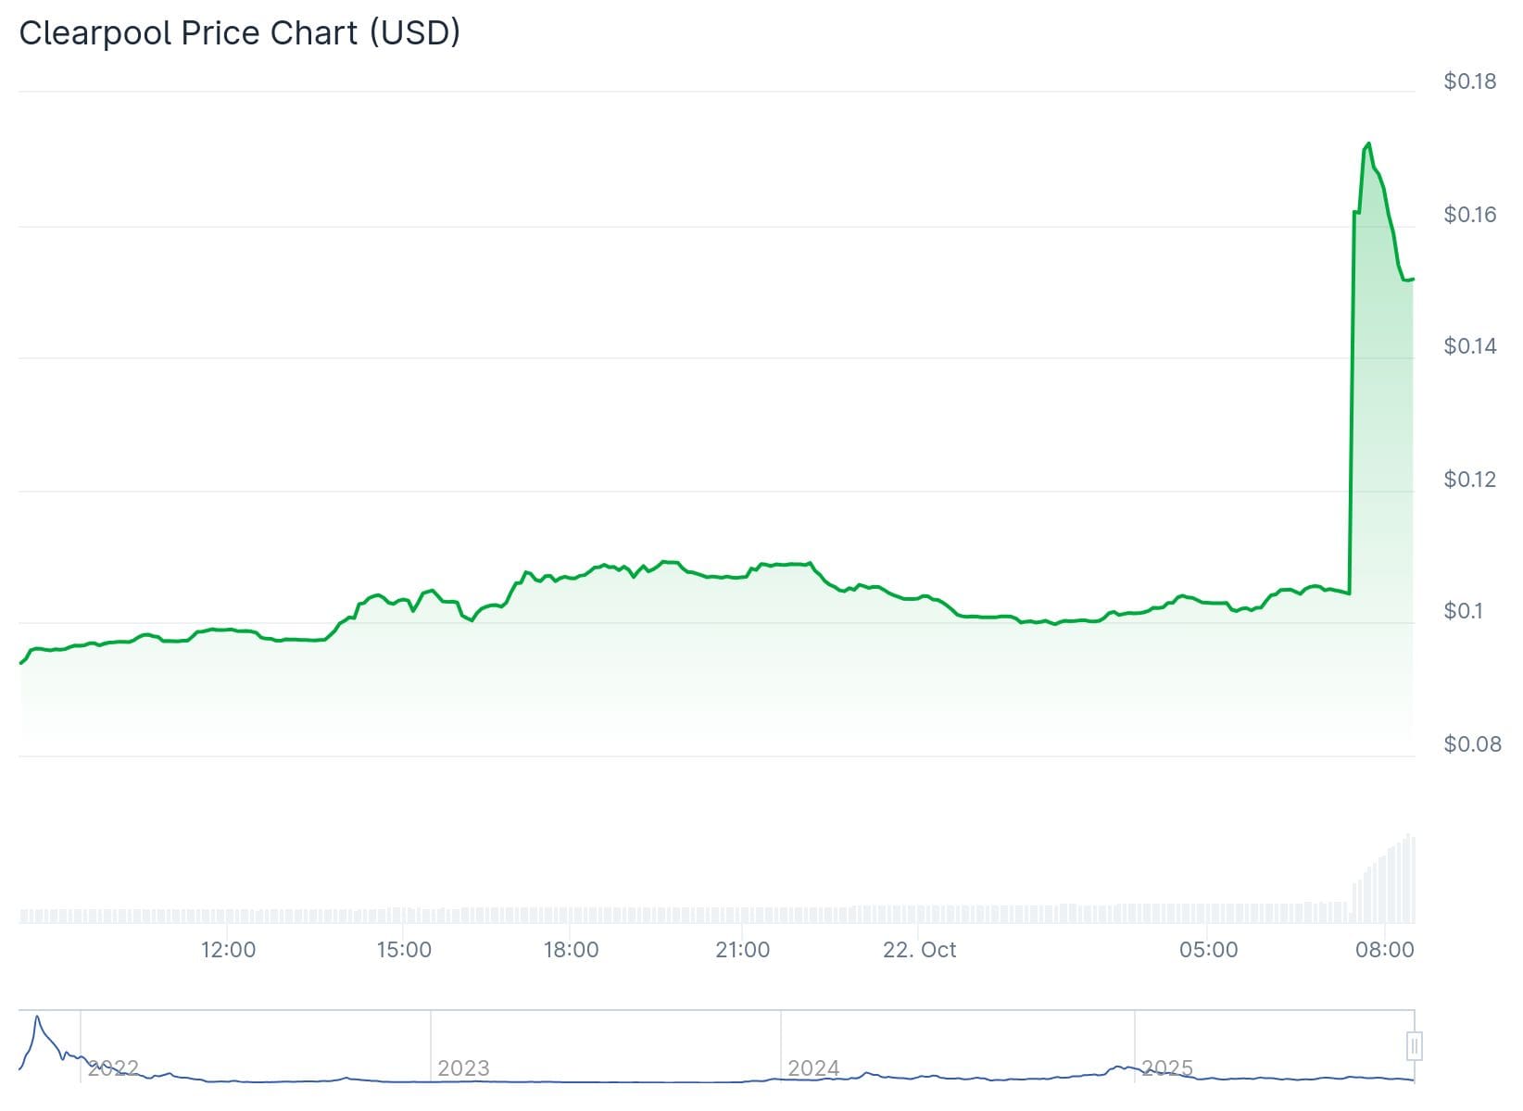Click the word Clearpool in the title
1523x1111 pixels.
(95, 33)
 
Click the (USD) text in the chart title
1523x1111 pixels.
(414, 33)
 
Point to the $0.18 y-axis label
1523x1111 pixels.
(1469, 81)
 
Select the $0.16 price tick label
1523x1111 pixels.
(1469, 215)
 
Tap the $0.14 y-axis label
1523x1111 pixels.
(1469, 346)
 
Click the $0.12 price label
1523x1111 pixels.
(1469, 480)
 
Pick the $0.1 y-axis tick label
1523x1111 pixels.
(1463, 611)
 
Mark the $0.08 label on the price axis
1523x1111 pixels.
(1472, 744)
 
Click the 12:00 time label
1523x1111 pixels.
(228, 950)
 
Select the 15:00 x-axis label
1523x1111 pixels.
(404, 950)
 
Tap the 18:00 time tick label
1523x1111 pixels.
(571, 950)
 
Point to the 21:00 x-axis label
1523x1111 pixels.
(743, 950)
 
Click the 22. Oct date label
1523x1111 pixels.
(919, 950)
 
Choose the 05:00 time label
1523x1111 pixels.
(1208, 950)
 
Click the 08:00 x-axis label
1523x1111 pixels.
(1384, 950)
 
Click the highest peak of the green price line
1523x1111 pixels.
(1368, 144)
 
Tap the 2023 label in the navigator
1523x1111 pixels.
(463, 1068)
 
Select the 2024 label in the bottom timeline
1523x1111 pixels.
(813, 1068)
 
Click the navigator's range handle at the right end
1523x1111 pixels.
(1414, 1046)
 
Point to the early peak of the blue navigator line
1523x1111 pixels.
(37, 1017)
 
